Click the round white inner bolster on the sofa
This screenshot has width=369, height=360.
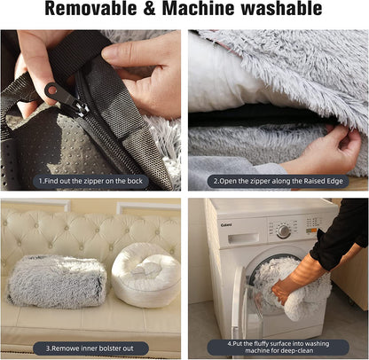145,274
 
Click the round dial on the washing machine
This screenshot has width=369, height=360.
282,230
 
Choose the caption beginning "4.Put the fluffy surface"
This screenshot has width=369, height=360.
277,344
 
